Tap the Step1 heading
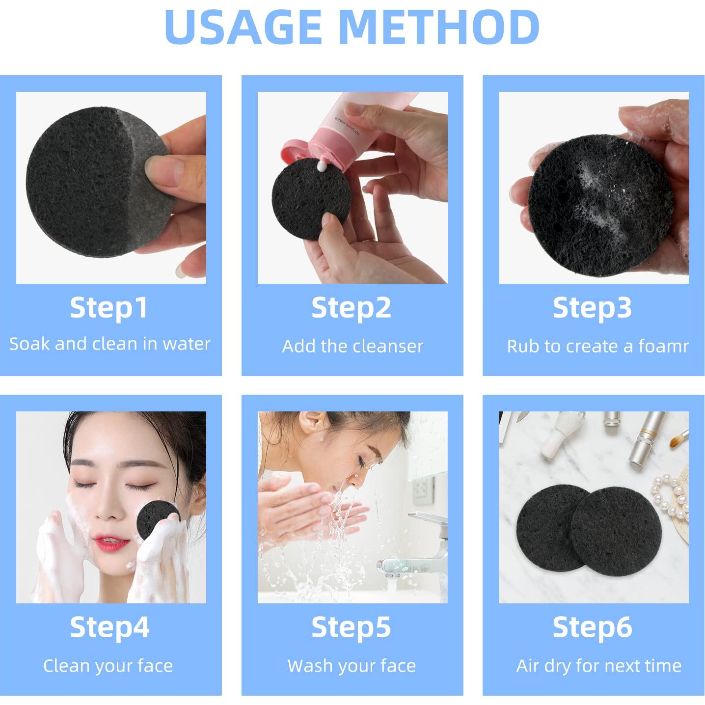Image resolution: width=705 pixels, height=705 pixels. [108, 308]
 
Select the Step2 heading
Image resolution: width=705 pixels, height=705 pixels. [351, 308]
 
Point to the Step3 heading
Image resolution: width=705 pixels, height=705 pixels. [592, 308]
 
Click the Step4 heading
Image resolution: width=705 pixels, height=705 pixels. [109, 627]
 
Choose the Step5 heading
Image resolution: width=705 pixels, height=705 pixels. [351, 627]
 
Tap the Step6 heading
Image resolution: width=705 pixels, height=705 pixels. [592, 627]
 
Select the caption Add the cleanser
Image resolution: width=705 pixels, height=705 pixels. [352, 346]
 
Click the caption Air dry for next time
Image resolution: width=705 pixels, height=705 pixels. [598, 666]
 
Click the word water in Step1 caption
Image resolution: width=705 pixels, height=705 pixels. [186, 344]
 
